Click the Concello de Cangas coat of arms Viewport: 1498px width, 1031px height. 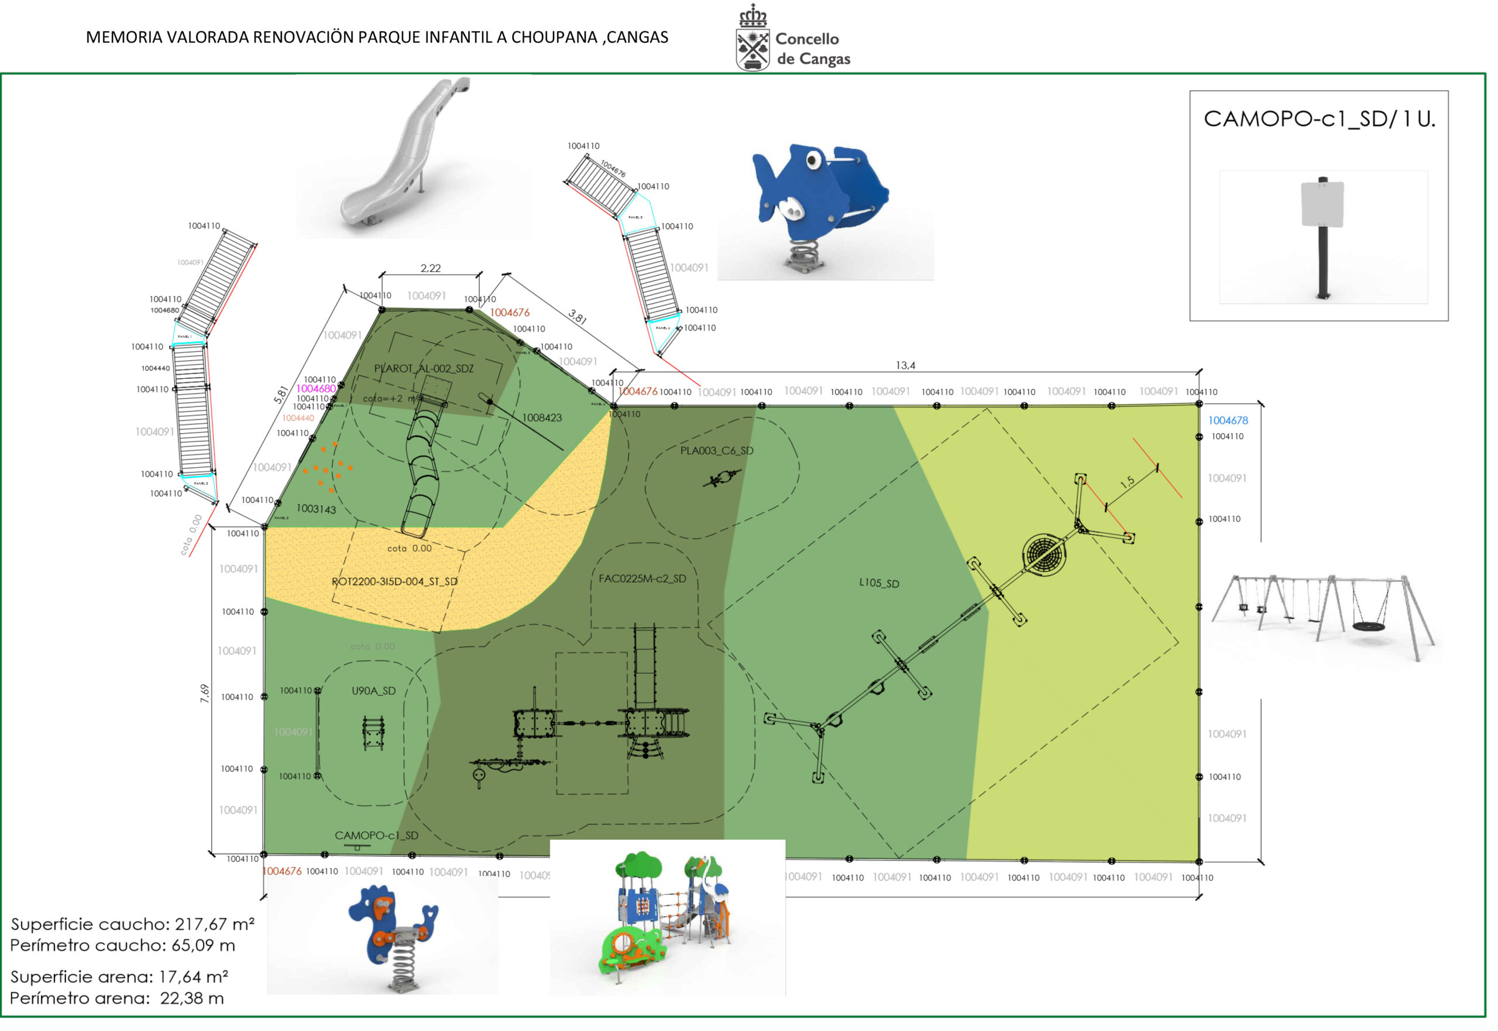click(758, 39)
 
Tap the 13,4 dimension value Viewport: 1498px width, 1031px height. click(912, 368)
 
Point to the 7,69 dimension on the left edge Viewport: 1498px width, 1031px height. click(206, 698)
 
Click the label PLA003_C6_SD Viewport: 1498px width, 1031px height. click(722, 454)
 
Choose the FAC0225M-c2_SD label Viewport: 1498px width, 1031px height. click(647, 583)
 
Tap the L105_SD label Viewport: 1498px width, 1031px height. click(885, 587)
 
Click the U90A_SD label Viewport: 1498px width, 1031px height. click(376, 696)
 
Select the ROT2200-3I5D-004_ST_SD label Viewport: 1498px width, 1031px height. click(397, 586)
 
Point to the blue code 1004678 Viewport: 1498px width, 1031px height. click(1236, 423)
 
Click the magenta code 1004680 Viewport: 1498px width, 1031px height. click(318, 392)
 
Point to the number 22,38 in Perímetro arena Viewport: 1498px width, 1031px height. click(193, 1005)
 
